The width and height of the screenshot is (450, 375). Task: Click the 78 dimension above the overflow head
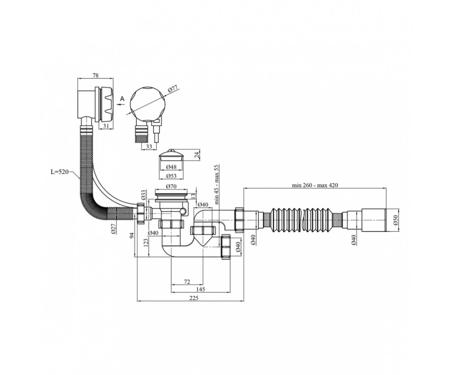point(96,75)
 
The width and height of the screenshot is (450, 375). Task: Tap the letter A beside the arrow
point(122,99)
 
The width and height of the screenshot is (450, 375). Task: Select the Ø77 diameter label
point(172,89)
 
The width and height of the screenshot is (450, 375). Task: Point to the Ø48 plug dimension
point(171,167)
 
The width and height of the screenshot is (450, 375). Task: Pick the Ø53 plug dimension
point(171,176)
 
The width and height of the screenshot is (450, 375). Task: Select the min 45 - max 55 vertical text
point(217,184)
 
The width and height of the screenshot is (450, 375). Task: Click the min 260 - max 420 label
point(315,185)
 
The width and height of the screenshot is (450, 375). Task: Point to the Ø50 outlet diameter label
point(396,220)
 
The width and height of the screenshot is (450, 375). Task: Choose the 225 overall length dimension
point(194,298)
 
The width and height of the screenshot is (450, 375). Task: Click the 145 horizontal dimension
point(200,289)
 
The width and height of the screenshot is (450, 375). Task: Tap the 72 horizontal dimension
point(187,282)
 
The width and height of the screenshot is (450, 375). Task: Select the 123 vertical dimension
point(146,244)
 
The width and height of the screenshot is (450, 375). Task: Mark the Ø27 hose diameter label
point(114,229)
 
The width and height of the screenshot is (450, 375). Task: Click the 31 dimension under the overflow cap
point(106,126)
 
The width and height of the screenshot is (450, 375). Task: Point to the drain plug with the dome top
point(171,155)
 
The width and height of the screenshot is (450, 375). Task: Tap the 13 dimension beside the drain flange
point(193,196)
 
